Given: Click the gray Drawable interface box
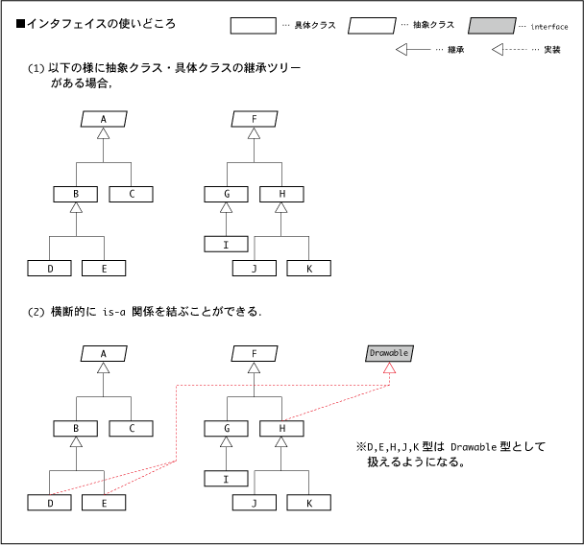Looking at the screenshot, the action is pyautogui.click(x=389, y=353).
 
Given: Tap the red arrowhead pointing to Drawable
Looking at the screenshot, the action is pyautogui.click(x=389, y=367).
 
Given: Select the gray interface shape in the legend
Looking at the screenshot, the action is pyautogui.click(x=492, y=26).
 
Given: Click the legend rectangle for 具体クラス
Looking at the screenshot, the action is pyautogui.click(x=254, y=26).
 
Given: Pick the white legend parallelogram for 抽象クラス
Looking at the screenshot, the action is pyautogui.click(x=372, y=26).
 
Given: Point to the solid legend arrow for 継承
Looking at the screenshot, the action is pyautogui.click(x=413, y=50).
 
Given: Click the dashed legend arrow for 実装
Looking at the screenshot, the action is pyautogui.click(x=509, y=50).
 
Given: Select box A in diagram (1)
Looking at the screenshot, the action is pyautogui.click(x=104, y=119).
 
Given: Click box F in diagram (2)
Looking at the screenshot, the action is pyautogui.click(x=255, y=353).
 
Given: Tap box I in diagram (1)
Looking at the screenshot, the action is pyautogui.click(x=226, y=244).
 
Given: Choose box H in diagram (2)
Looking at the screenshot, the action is pyautogui.click(x=281, y=428).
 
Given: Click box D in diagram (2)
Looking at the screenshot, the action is pyautogui.click(x=50, y=503).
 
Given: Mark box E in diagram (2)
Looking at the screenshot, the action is pyautogui.click(x=104, y=503).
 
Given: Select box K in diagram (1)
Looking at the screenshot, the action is pyautogui.click(x=308, y=269).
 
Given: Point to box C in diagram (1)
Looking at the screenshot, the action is pyautogui.click(x=131, y=194).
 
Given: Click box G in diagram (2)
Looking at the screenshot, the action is pyautogui.click(x=226, y=428).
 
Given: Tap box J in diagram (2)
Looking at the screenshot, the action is pyautogui.click(x=255, y=503).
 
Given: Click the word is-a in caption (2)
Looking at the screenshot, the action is pyautogui.click(x=114, y=312).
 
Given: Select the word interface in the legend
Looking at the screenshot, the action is pyautogui.click(x=549, y=27).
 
